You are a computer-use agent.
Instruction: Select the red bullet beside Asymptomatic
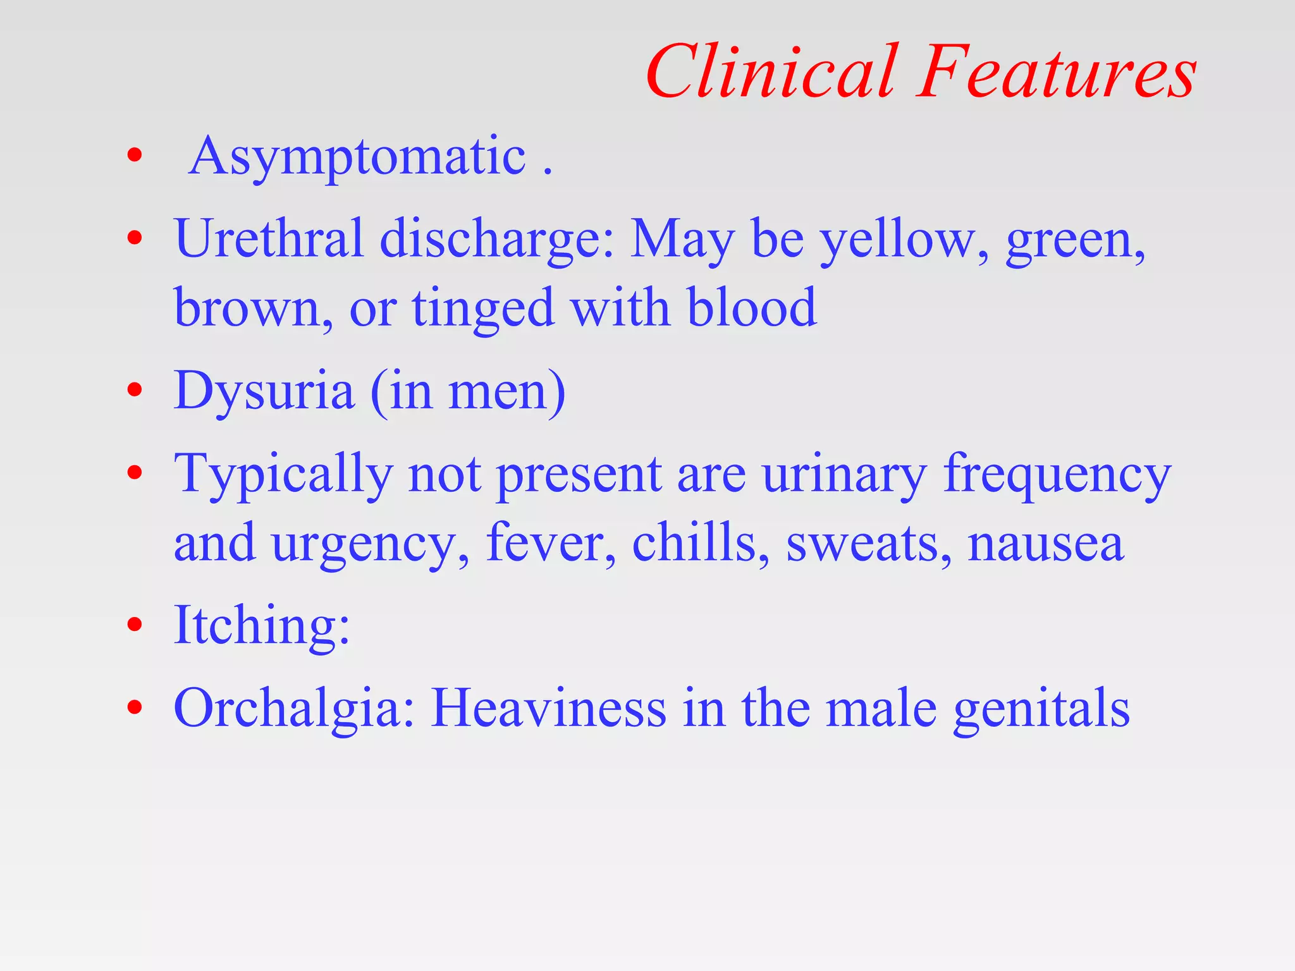pyautogui.click(x=134, y=156)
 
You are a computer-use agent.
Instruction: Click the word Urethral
pyautogui.click(x=269, y=238)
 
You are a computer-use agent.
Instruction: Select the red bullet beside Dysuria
pyautogui.click(x=134, y=390)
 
